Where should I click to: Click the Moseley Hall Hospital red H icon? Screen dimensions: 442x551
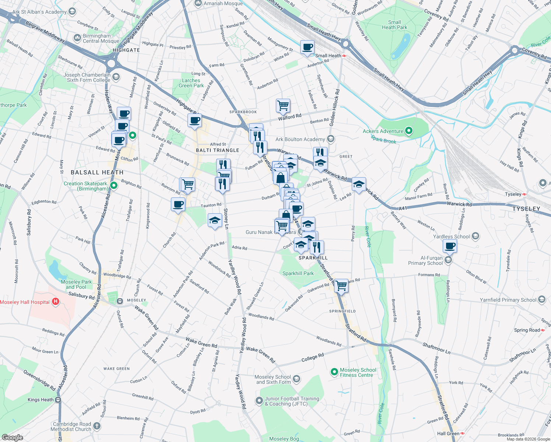pos(56,302)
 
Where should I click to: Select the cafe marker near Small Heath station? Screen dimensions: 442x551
pos(307,48)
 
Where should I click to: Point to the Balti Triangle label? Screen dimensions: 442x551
pos(217,150)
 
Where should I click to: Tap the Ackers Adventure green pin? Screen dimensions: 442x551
pos(408,131)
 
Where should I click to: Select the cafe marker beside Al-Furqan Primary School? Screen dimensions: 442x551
pos(450,246)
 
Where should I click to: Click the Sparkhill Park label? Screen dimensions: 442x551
pos(298,273)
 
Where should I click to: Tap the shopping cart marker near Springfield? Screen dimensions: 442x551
pos(341,285)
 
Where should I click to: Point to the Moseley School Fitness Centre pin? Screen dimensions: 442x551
pos(334,372)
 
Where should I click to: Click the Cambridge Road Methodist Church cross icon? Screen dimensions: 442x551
pos(96,426)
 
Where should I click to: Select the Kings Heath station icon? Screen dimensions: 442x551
pos(58,400)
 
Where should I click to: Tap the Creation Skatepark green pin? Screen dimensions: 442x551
pos(114,186)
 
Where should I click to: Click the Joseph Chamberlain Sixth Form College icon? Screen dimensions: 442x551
pos(116,77)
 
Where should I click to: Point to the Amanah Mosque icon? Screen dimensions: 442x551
pos(198,3)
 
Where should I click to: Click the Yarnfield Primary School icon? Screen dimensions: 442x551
pos(541,299)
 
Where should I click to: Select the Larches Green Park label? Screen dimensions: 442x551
pos(191,83)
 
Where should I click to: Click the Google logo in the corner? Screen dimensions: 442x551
pos(12,438)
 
